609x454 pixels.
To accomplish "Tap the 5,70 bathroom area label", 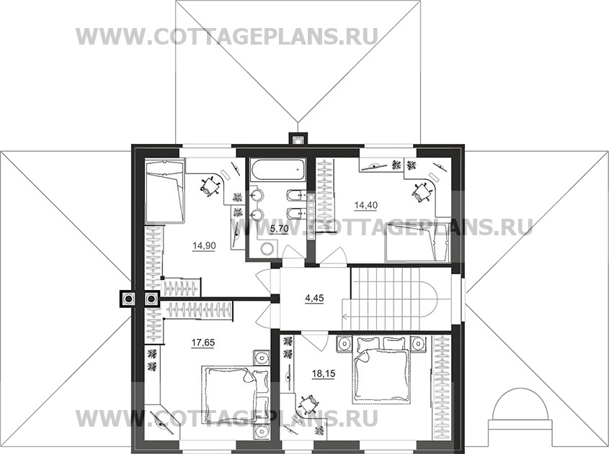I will pyautogui.click(x=278, y=230).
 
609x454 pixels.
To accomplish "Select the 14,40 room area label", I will pyautogui.click(x=365, y=205).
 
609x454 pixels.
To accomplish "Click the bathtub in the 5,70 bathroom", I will pyautogui.click(x=278, y=172).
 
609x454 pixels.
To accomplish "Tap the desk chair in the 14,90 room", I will pyautogui.click(x=210, y=186).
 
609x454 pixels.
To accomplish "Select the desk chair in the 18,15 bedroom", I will pyautogui.click(x=309, y=404).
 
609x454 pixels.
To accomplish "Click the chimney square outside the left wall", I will pyautogui.click(x=128, y=299).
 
